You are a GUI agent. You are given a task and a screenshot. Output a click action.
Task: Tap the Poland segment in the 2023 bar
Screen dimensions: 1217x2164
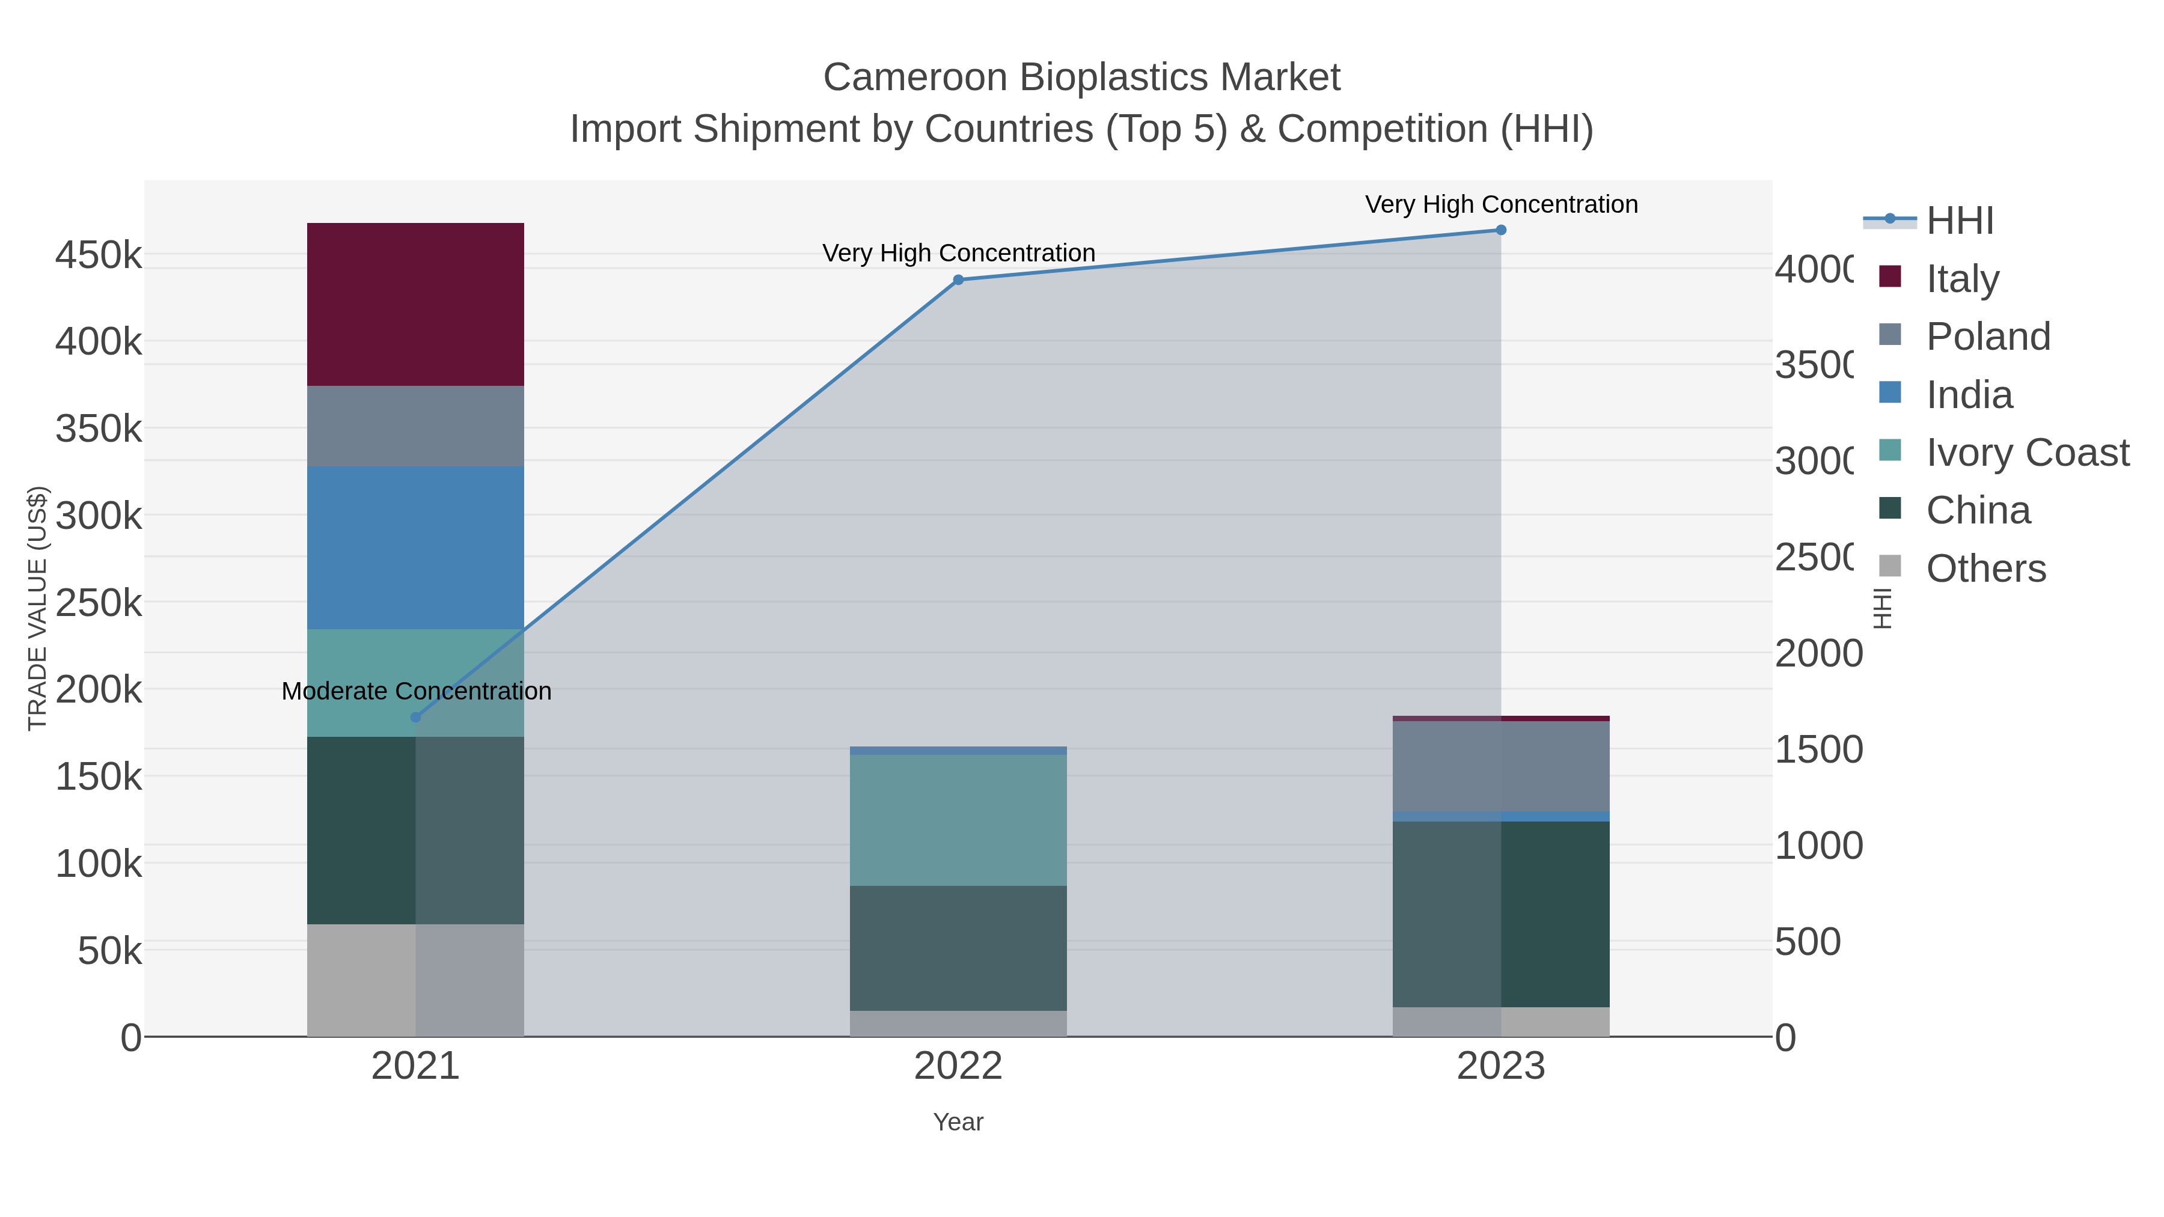(1500, 766)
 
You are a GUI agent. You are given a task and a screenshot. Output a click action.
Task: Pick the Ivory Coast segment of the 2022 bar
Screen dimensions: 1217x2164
(958, 820)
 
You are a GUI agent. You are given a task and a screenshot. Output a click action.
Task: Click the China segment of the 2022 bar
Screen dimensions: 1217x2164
(958, 947)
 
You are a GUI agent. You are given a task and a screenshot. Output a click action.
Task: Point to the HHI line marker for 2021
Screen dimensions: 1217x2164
(415, 717)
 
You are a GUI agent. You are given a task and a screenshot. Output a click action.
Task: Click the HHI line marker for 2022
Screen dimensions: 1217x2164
(958, 279)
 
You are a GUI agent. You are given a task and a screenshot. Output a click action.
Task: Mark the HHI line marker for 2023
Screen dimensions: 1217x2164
(1501, 230)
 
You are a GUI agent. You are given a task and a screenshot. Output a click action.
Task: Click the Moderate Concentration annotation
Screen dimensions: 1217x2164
(416, 691)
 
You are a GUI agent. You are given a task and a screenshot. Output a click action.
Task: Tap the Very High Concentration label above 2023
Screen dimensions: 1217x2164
(1501, 204)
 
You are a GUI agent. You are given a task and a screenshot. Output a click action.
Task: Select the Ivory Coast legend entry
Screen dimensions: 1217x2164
(2027, 453)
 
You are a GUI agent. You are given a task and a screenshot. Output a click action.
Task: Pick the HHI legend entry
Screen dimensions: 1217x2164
(1959, 221)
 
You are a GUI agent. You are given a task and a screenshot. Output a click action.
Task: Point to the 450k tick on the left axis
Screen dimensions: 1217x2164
(99, 254)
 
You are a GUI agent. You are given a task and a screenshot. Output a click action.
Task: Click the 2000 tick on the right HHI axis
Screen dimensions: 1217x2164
(1818, 653)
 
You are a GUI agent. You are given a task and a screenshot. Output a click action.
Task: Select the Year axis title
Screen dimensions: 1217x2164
(958, 1122)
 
